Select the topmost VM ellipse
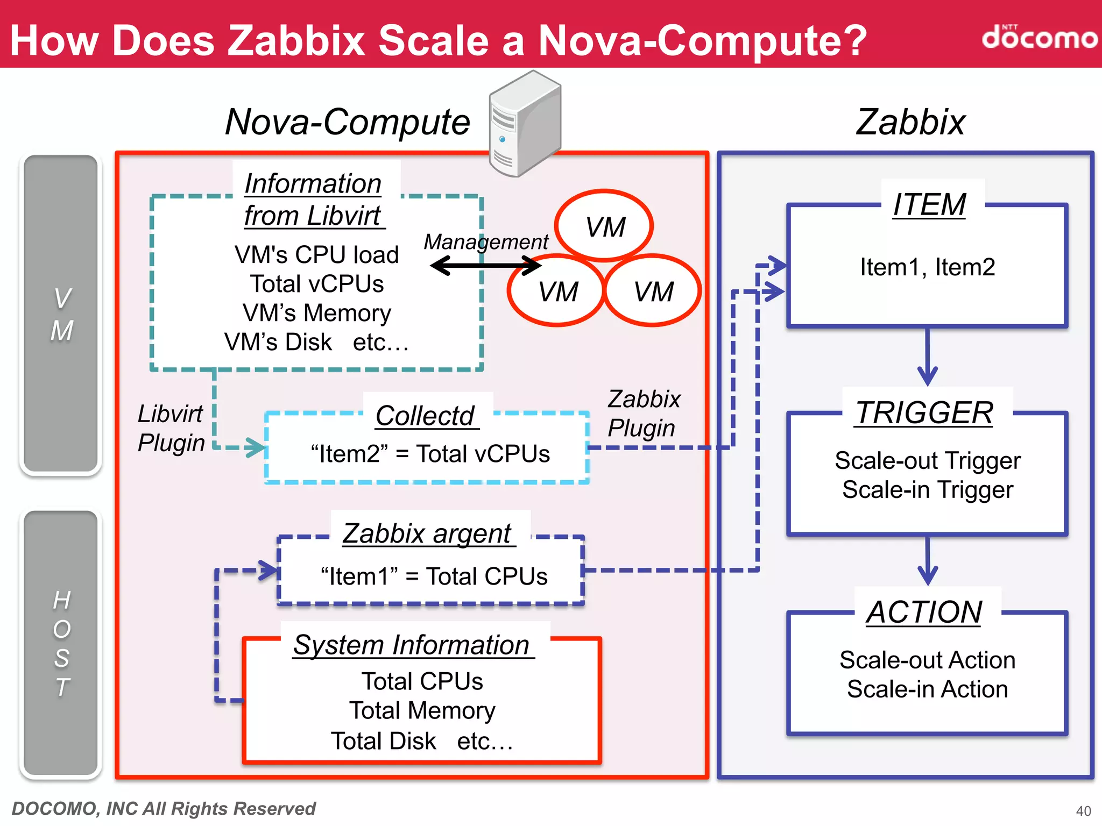[604, 225]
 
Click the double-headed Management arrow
[485, 265]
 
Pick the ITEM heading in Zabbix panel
[929, 205]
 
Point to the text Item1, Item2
[927, 267]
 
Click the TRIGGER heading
[925, 413]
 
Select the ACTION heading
[924, 612]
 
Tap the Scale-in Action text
[927, 689]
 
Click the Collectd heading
[425, 416]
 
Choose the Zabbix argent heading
[428, 533]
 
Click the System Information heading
[412, 645]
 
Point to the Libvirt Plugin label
[171, 429]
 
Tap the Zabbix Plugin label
[643, 414]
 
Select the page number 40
[1083, 811]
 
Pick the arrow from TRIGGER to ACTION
[927, 560]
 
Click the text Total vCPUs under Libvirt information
[317, 284]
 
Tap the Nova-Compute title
[348, 122]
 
